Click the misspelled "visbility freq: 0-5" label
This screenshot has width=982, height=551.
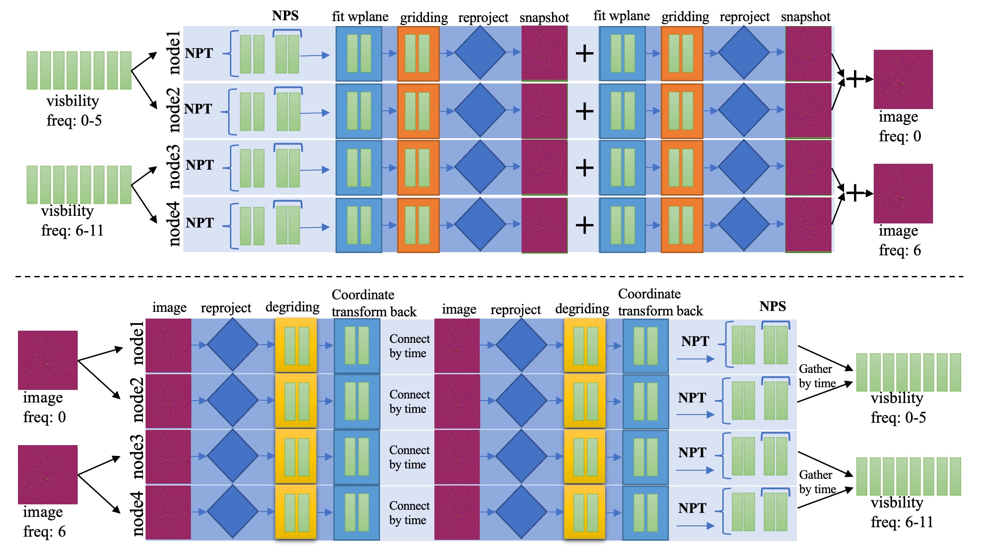coord(73,111)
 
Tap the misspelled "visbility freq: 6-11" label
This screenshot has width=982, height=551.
coord(72,221)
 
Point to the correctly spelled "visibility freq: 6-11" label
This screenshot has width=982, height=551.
coord(901,512)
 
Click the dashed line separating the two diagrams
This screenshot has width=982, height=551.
coord(490,276)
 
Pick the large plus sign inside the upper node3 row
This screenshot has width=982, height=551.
coord(584,168)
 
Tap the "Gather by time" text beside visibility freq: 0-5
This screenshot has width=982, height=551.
coord(817,376)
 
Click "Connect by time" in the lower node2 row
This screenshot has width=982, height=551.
coord(409,402)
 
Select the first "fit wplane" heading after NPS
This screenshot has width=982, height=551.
coord(360,17)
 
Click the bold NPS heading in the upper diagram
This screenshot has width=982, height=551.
coord(285,16)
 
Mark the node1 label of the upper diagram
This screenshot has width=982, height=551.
coord(173,52)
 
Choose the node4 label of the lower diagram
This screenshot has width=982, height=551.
coord(137,514)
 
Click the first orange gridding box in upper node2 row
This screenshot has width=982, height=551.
coord(418,111)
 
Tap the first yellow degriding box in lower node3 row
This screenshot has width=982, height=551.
coord(296,457)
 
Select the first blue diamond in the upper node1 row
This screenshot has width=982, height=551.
coord(480,53)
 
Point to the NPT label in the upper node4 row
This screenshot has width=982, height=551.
coord(200,223)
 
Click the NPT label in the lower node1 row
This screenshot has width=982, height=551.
coord(695,341)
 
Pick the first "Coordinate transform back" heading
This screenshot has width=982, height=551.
coord(374,303)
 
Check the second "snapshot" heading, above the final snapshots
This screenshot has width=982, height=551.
coord(805,17)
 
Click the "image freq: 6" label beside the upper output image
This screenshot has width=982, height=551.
coord(900,241)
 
